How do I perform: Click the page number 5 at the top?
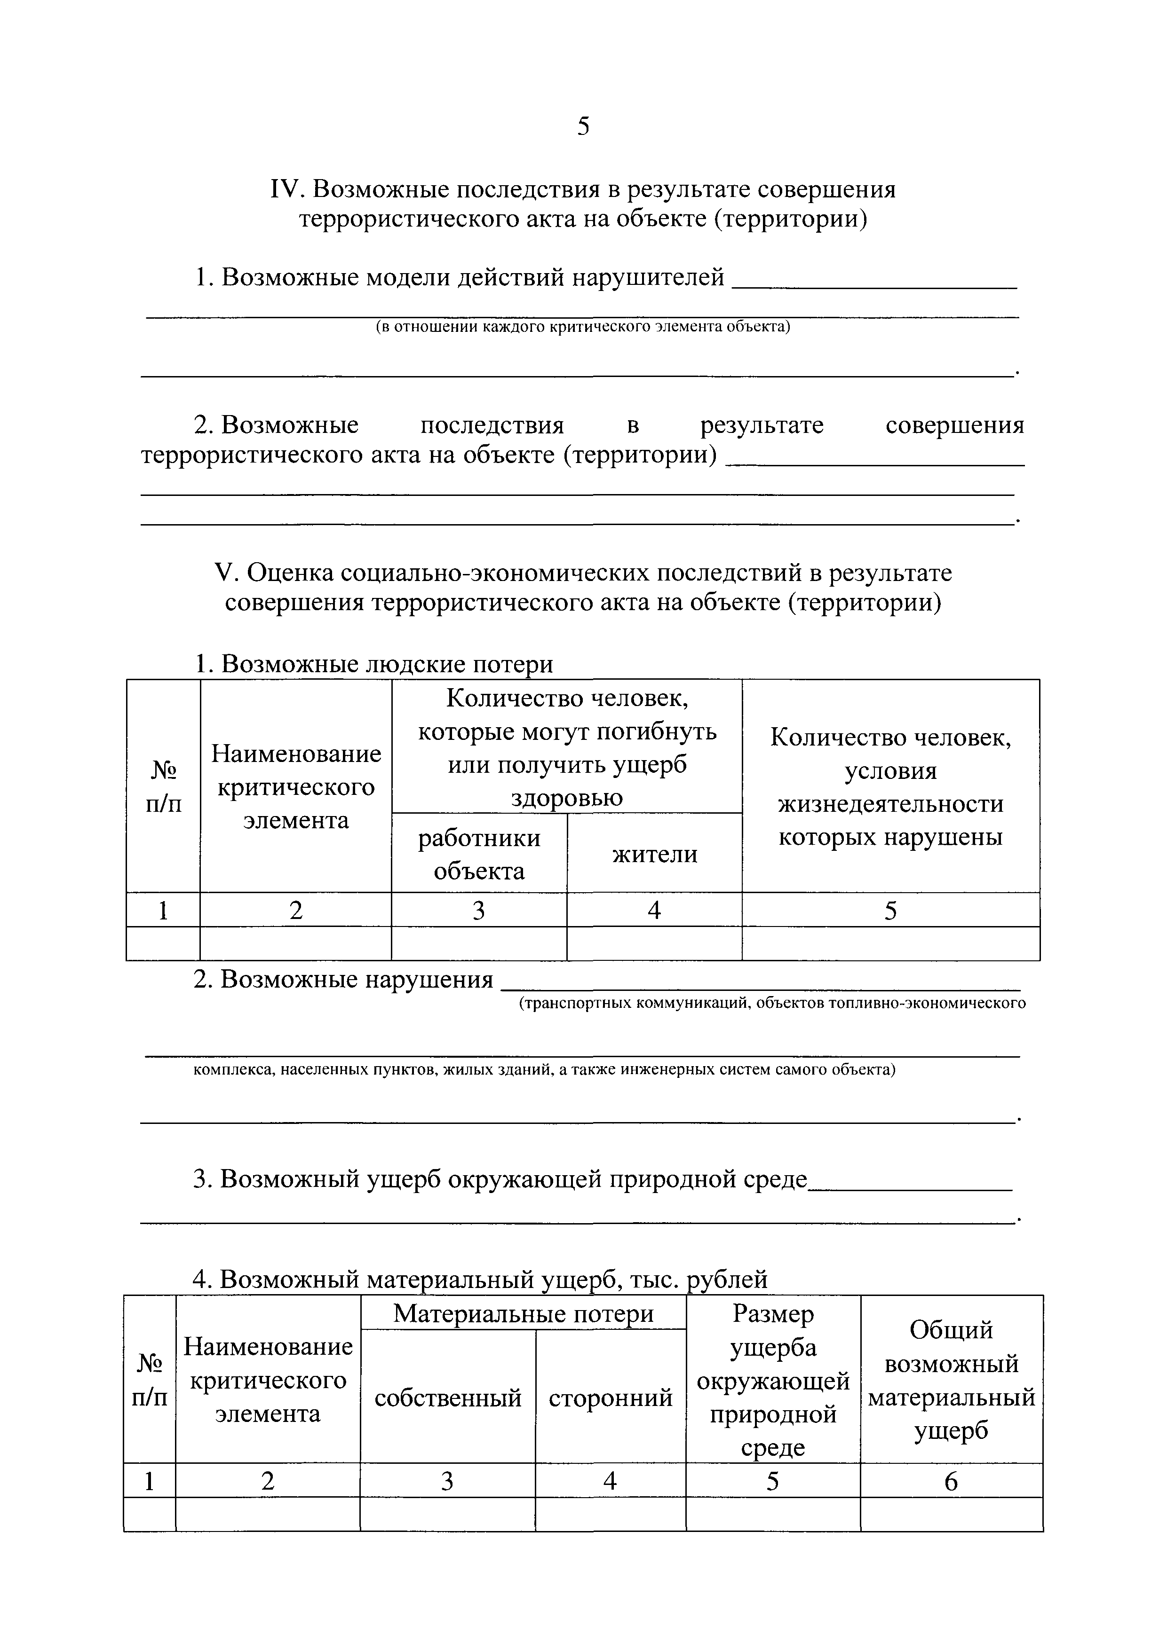[x=583, y=126]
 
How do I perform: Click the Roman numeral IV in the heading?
[x=287, y=189]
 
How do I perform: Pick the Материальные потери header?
[x=523, y=1313]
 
